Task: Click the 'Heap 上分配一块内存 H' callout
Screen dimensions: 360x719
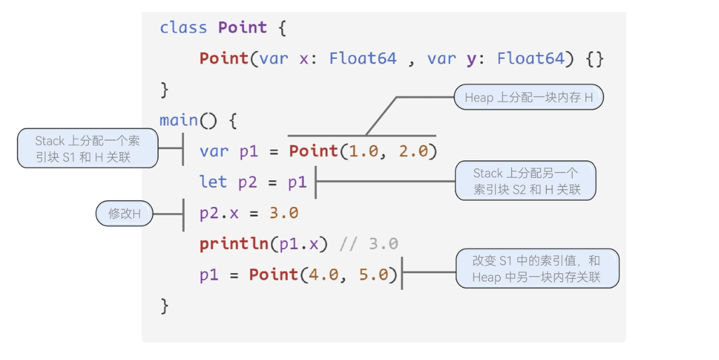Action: (529, 97)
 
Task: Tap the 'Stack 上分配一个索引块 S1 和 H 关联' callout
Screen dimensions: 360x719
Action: (88, 149)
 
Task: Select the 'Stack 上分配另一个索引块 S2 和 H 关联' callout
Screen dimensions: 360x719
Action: (526, 181)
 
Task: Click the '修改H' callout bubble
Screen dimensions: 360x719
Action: (125, 213)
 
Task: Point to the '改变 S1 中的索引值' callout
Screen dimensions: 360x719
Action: (537, 269)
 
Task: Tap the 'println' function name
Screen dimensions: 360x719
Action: (234, 244)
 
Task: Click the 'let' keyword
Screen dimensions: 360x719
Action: (214, 182)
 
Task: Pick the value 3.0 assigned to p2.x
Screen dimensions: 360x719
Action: (284, 213)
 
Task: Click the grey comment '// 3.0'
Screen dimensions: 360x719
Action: (369, 244)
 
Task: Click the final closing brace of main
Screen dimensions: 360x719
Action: (164, 306)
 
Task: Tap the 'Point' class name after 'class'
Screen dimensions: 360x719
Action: (243, 28)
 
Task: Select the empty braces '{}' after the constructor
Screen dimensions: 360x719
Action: (595, 58)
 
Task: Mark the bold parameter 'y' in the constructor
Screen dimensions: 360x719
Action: (472, 58)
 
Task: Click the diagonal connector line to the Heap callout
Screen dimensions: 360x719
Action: (381, 117)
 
